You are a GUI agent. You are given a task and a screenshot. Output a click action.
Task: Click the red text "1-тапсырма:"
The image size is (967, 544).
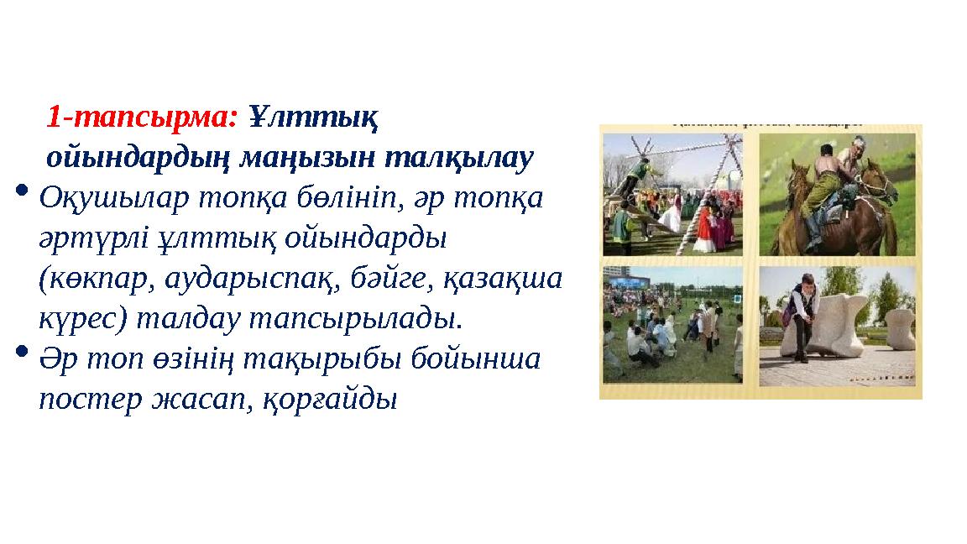tap(143, 118)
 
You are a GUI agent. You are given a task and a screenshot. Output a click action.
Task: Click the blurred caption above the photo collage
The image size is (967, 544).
tap(761, 118)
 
